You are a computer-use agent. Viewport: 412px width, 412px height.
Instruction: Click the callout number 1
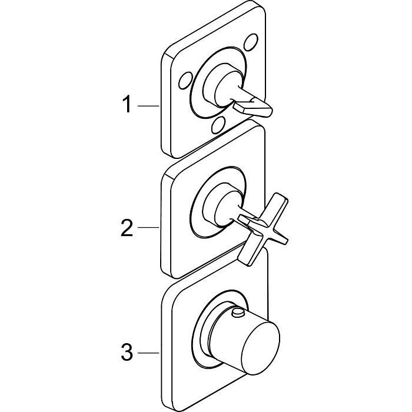(126, 105)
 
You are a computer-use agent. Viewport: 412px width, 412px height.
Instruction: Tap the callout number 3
(126, 354)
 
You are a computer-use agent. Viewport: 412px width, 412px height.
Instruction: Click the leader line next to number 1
(148, 106)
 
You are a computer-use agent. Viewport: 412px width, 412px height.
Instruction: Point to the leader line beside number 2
(148, 227)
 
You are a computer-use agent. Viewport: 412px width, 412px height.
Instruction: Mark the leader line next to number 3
(148, 354)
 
